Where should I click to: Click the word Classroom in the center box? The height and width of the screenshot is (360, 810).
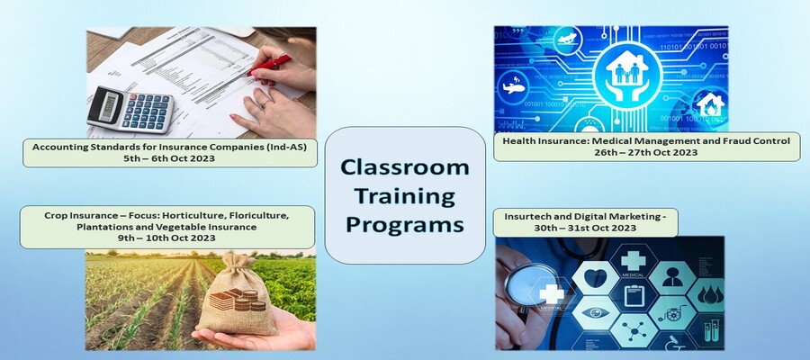pyautogui.click(x=404, y=166)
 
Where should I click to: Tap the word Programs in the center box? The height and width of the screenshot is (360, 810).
pyautogui.click(x=404, y=225)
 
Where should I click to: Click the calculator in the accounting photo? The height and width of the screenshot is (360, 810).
pyautogui.click(x=130, y=110)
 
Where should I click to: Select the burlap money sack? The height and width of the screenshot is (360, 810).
pyautogui.click(x=237, y=295)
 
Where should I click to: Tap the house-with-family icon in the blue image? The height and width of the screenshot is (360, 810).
pyautogui.click(x=627, y=76)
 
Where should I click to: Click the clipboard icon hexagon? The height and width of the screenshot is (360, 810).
pyautogui.click(x=633, y=295)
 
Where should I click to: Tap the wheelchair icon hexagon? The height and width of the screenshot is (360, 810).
pyautogui.click(x=672, y=313)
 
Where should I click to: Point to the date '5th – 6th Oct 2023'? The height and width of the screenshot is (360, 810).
pyautogui.click(x=169, y=158)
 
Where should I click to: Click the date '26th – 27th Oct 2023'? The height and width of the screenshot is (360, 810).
pyautogui.click(x=645, y=152)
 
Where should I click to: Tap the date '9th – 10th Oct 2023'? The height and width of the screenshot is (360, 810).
pyautogui.click(x=166, y=238)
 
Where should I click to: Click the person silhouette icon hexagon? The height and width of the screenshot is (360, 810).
pyautogui.click(x=672, y=278)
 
